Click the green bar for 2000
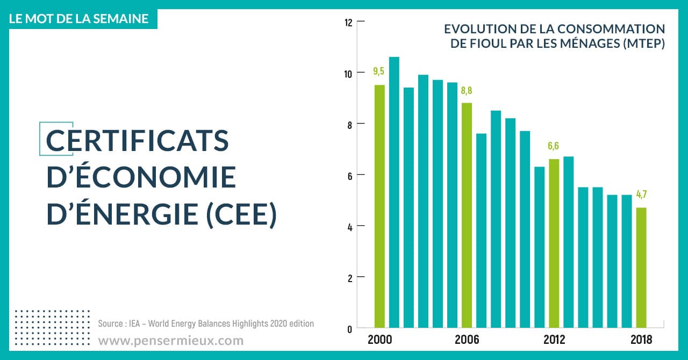(379, 206)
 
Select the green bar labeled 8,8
(467, 215)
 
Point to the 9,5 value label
(379, 71)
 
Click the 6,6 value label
(554, 146)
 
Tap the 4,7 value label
(641, 195)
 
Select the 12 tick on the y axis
(348, 23)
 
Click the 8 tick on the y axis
(348, 124)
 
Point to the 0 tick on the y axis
(349, 329)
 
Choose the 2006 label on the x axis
(467, 340)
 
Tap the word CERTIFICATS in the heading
(138, 141)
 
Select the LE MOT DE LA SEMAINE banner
(79, 18)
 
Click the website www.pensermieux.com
(170, 341)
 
